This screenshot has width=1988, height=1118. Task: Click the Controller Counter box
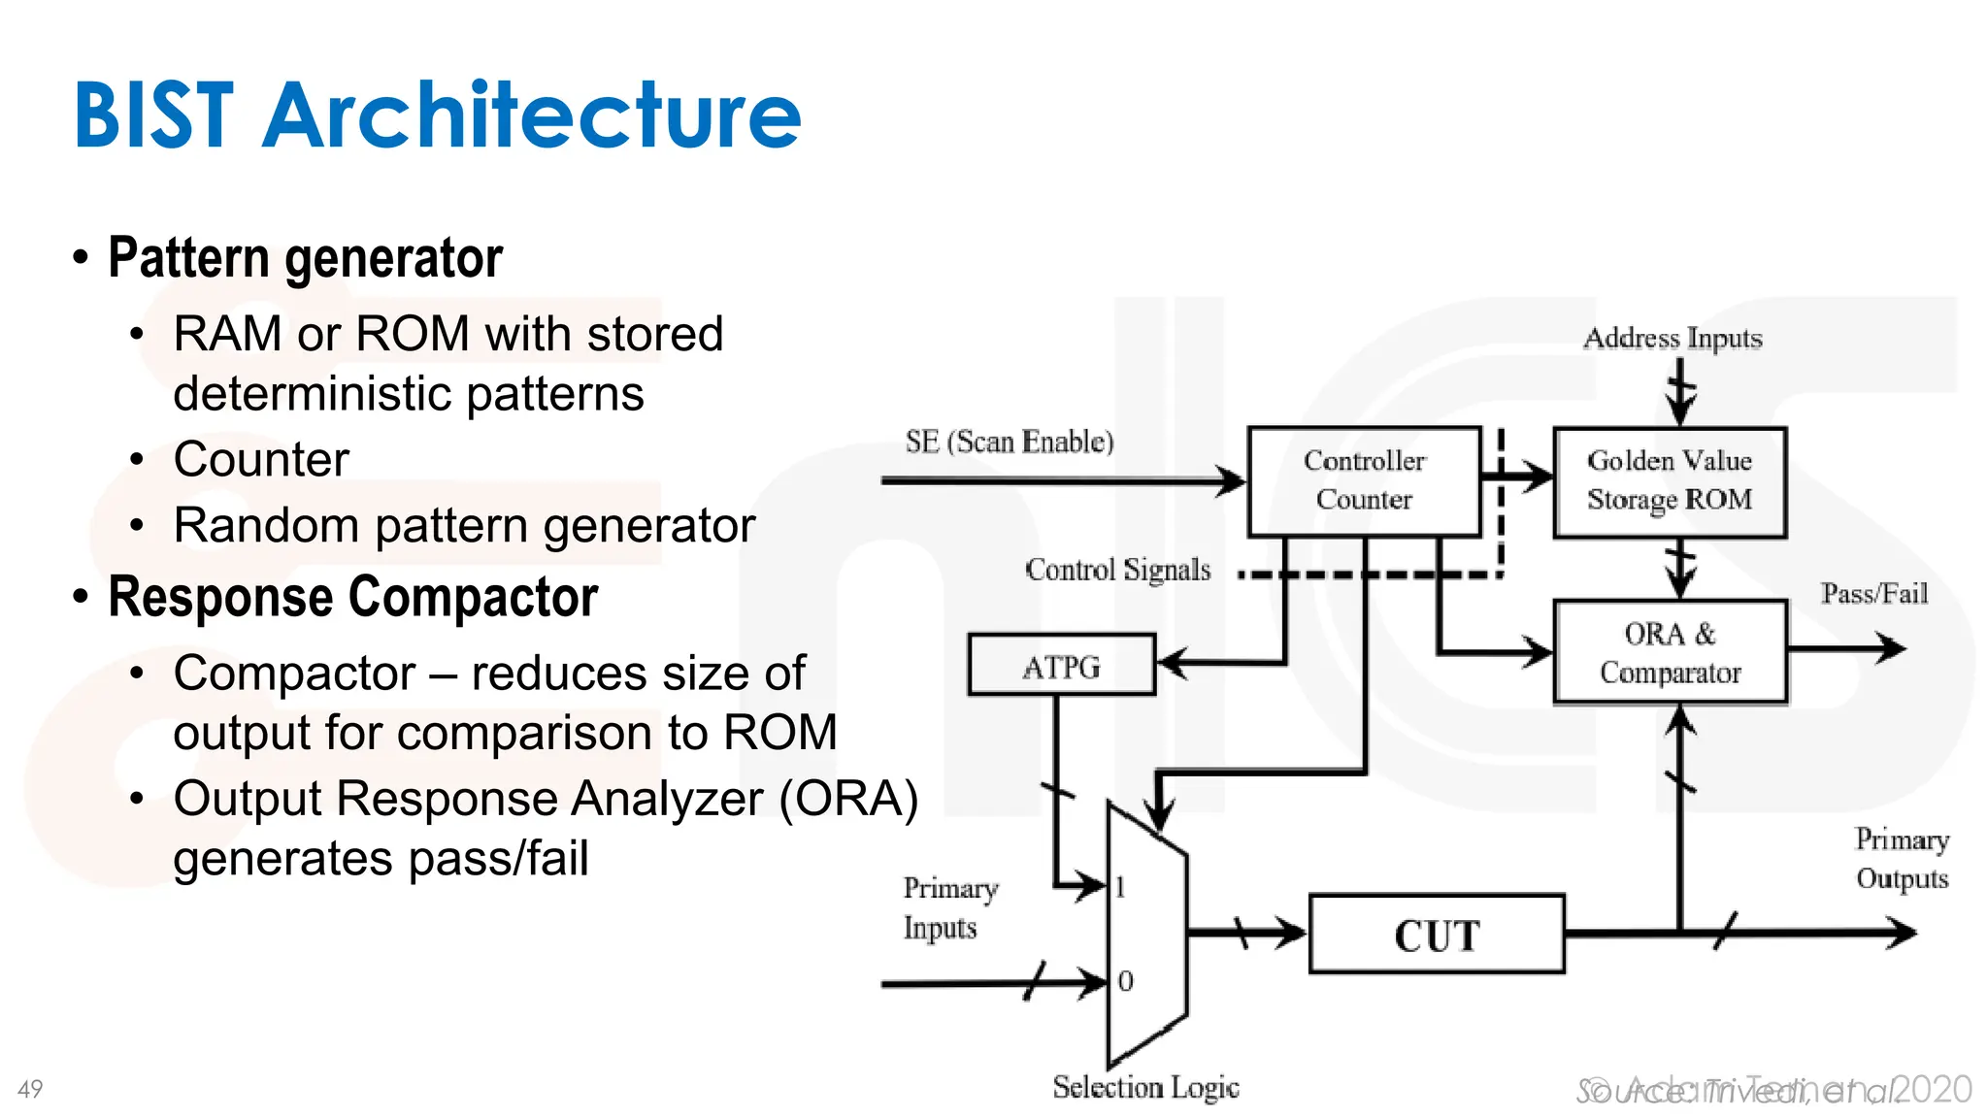point(1364,480)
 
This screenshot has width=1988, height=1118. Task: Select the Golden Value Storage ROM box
point(1670,480)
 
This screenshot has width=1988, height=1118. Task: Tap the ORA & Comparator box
point(1670,652)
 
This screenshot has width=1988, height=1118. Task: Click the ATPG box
point(1061,667)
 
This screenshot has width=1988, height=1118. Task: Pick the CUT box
point(1437,935)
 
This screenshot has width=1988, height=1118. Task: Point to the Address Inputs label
point(1673,338)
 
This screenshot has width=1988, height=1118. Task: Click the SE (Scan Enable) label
point(1010,442)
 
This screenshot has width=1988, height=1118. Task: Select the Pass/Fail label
point(1873,593)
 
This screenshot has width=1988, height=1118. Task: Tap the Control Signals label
point(1117,570)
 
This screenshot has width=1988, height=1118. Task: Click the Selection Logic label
point(1145,1087)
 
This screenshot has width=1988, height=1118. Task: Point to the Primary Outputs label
point(1902,859)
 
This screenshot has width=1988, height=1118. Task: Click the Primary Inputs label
point(948,907)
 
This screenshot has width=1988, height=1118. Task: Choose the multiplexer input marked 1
point(1120,886)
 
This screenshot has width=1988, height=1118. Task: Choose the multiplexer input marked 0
point(1124,981)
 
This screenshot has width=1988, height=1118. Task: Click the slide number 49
point(30,1089)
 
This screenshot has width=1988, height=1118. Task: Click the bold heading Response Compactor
point(352,597)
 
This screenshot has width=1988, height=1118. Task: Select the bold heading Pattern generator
point(305,258)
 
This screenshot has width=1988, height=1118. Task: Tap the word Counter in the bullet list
point(261,459)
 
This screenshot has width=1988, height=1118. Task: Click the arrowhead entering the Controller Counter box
point(1233,480)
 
